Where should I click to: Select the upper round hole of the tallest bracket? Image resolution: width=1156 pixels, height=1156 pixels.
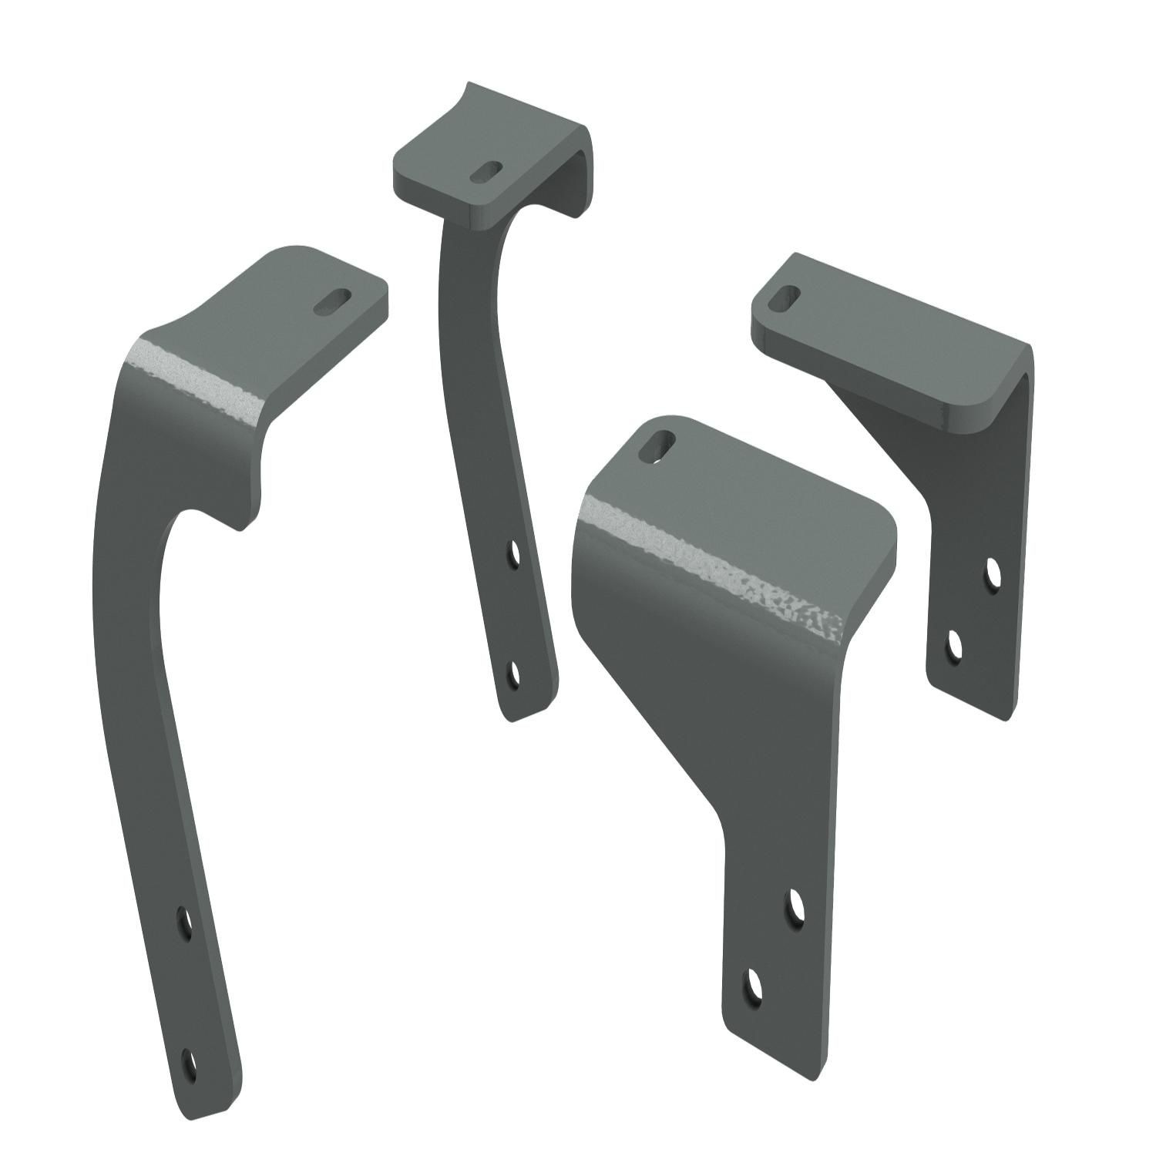click(184, 922)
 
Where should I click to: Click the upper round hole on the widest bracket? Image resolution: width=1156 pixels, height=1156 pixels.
click(794, 907)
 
